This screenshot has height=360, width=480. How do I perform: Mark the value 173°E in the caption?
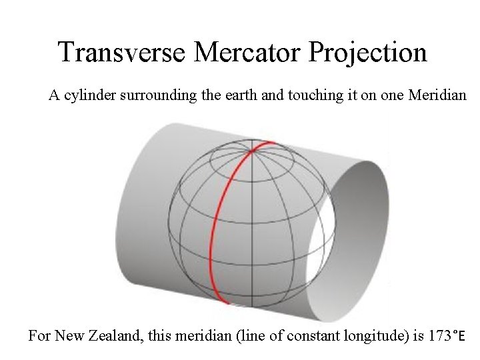[445, 335]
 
